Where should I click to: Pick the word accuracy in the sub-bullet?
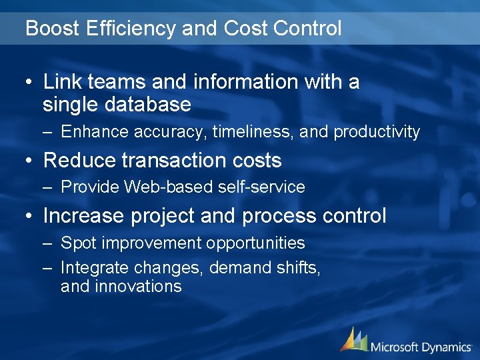click(171, 132)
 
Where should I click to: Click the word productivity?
click(377, 132)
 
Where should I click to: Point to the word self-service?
click(261, 187)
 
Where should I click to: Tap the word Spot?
click(75, 243)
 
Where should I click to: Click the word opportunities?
click(255, 243)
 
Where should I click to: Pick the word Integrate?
click(95, 268)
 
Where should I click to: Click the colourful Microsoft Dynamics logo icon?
click(354, 339)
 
